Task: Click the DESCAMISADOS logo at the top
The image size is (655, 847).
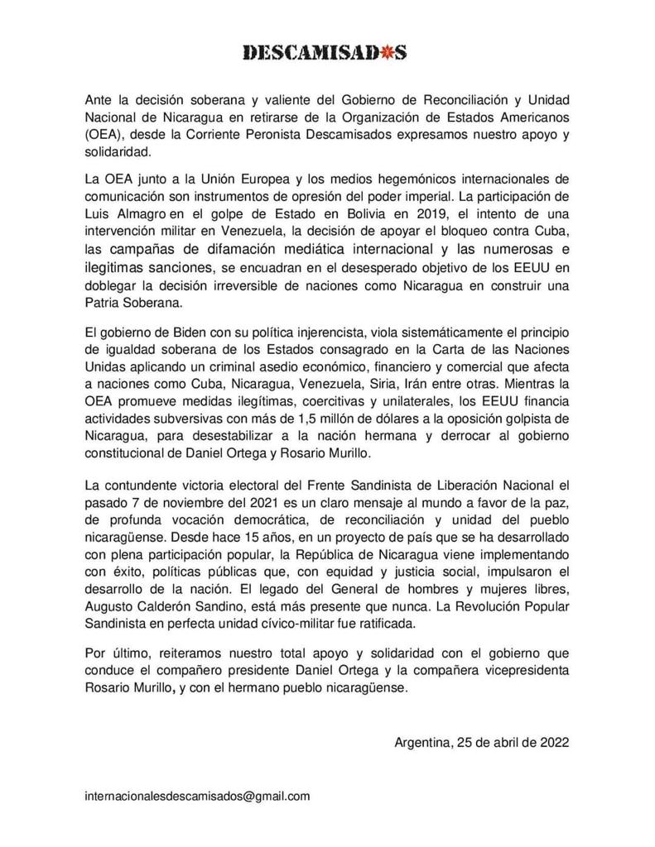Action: coord(325,52)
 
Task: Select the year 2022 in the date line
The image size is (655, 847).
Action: coord(550,742)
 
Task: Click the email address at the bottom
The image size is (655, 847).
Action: coord(198,796)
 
